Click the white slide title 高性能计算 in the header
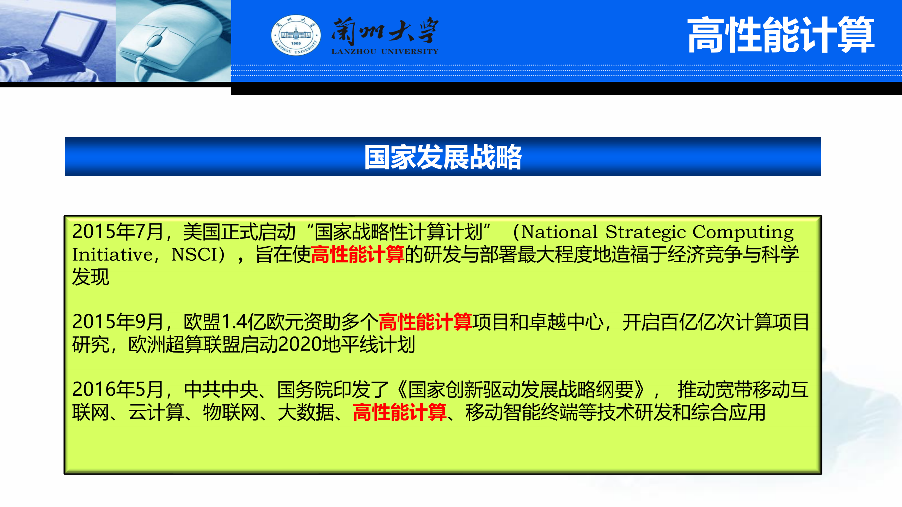[780, 35]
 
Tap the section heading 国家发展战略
[443, 157]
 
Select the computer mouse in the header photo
[166, 39]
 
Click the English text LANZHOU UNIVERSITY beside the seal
[385, 52]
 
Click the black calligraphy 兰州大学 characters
[385, 31]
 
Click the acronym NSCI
[194, 255]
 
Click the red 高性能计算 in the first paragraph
[357, 255]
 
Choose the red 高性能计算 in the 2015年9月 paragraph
[425, 322]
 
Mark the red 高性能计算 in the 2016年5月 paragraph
[399, 412]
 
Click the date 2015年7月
[117, 232]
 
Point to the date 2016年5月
[117, 390]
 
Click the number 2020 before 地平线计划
[300, 345]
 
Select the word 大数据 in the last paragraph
[306, 412]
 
